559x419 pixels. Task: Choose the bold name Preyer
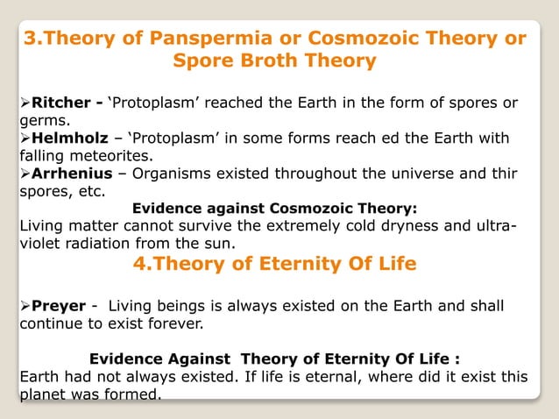[58, 305]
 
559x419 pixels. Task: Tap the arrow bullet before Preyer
[25, 305]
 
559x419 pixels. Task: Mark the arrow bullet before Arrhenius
[25, 172]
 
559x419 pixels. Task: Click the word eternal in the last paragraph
[322, 377]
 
